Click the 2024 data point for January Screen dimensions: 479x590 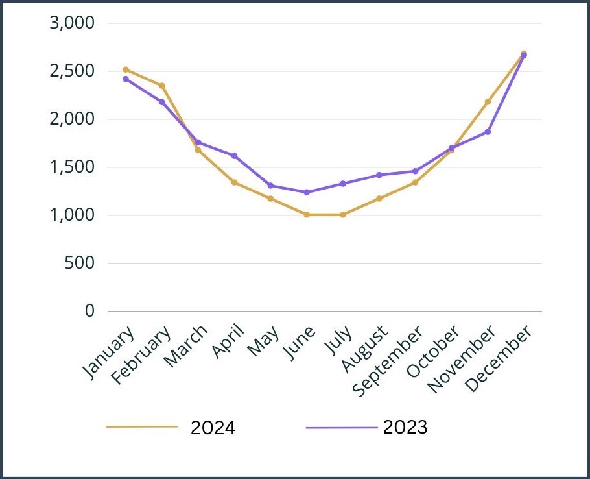[x=126, y=69]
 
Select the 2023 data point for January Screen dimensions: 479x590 [x=126, y=79]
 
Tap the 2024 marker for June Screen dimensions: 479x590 [x=307, y=214]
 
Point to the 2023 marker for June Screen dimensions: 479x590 [x=307, y=192]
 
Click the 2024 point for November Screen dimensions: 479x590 [x=488, y=102]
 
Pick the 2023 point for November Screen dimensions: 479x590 [x=488, y=132]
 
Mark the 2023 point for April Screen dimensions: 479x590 [x=234, y=156]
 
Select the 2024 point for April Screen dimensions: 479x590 [x=234, y=182]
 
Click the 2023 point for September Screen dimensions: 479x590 [x=415, y=171]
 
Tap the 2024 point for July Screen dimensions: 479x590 [x=343, y=214]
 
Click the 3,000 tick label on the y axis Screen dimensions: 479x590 [x=72, y=23]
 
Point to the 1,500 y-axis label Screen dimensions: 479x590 [x=72, y=167]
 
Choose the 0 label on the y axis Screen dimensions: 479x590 [x=90, y=312]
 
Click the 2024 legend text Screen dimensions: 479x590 [x=213, y=428]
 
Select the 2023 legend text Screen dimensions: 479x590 [x=405, y=428]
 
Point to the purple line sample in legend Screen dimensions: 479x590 [x=341, y=428]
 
